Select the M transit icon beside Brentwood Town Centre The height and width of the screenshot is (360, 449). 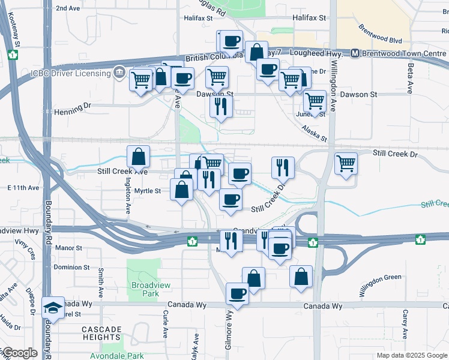[x=355, y=53]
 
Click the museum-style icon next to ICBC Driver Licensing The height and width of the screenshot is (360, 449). [x=119, y=73]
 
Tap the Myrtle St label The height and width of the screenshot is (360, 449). [x=148, y=191]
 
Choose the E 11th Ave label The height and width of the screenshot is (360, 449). [x=23, y=188]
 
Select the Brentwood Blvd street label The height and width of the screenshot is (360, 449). [x=379, y=35]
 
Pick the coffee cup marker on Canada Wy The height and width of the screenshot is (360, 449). [x=237, y=294]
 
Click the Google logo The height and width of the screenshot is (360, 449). [x=19, y=353]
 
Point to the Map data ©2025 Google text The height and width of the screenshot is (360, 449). [x=411, y=355]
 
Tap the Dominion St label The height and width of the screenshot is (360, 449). [x=71, y=268]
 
